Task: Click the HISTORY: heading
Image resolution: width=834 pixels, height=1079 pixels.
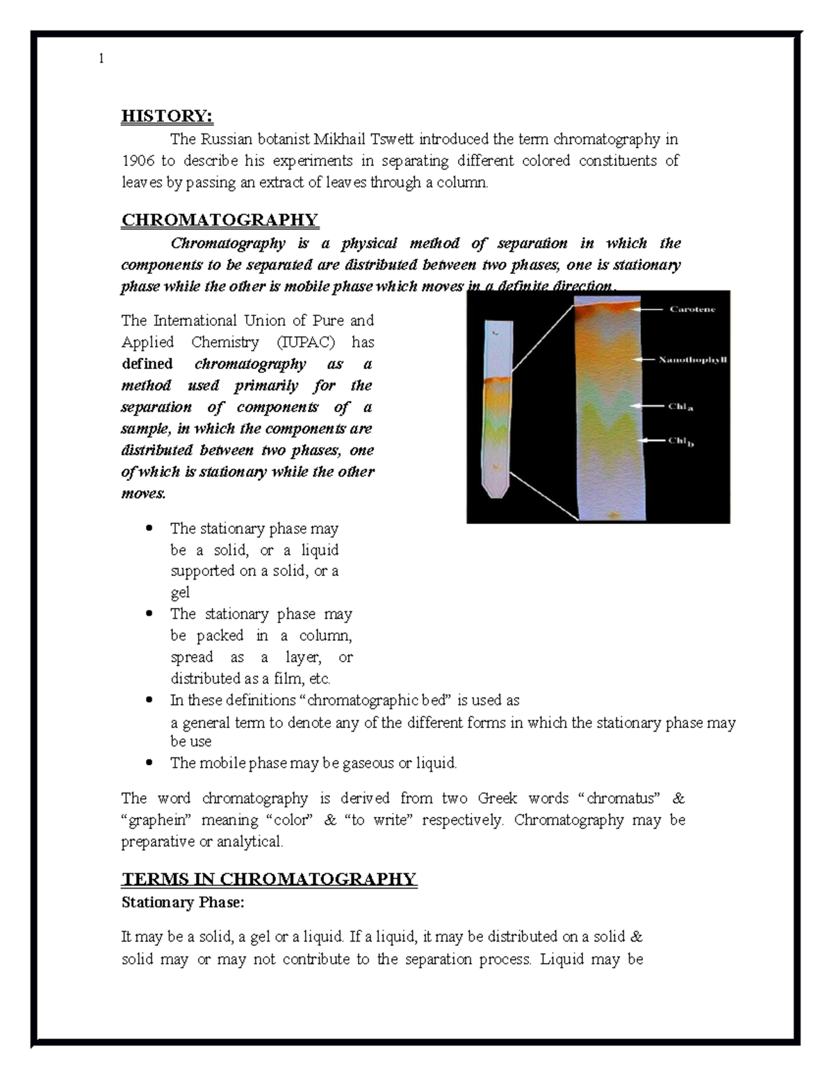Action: (167, 116)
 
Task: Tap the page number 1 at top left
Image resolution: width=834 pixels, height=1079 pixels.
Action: (101, 59)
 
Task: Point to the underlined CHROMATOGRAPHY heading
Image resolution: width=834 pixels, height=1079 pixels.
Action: (220, 220)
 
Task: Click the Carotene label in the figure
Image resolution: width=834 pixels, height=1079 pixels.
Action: (692, 310)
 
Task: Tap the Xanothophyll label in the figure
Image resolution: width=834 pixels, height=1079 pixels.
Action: (692, 360)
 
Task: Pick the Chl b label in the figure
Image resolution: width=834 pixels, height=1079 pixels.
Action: (680, 441)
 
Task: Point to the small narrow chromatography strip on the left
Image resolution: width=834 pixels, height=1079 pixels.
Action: (497, 410)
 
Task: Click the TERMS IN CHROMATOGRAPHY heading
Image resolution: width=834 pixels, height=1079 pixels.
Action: (269, 880)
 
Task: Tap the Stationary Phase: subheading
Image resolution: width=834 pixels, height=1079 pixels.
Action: (183, 903)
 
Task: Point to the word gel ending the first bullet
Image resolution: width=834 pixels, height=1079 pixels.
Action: (180, 593)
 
